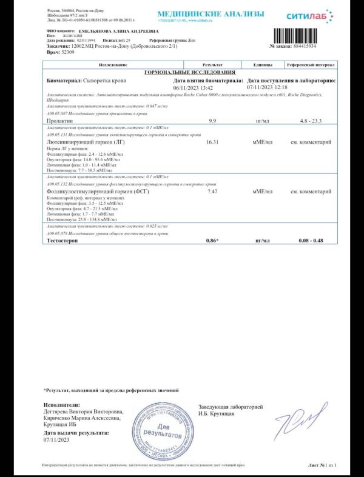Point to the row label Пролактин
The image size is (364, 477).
point(59,121)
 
